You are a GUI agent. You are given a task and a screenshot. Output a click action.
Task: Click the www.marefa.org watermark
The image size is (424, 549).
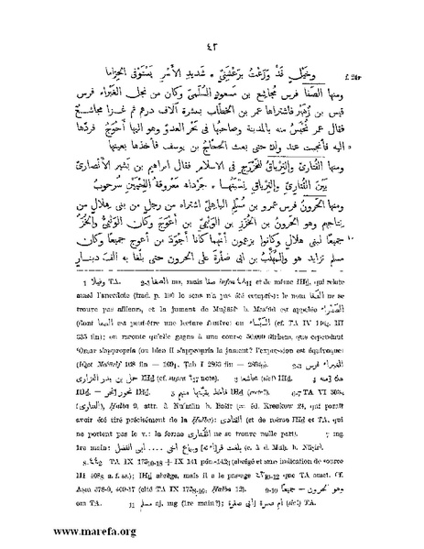coord(62,532)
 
